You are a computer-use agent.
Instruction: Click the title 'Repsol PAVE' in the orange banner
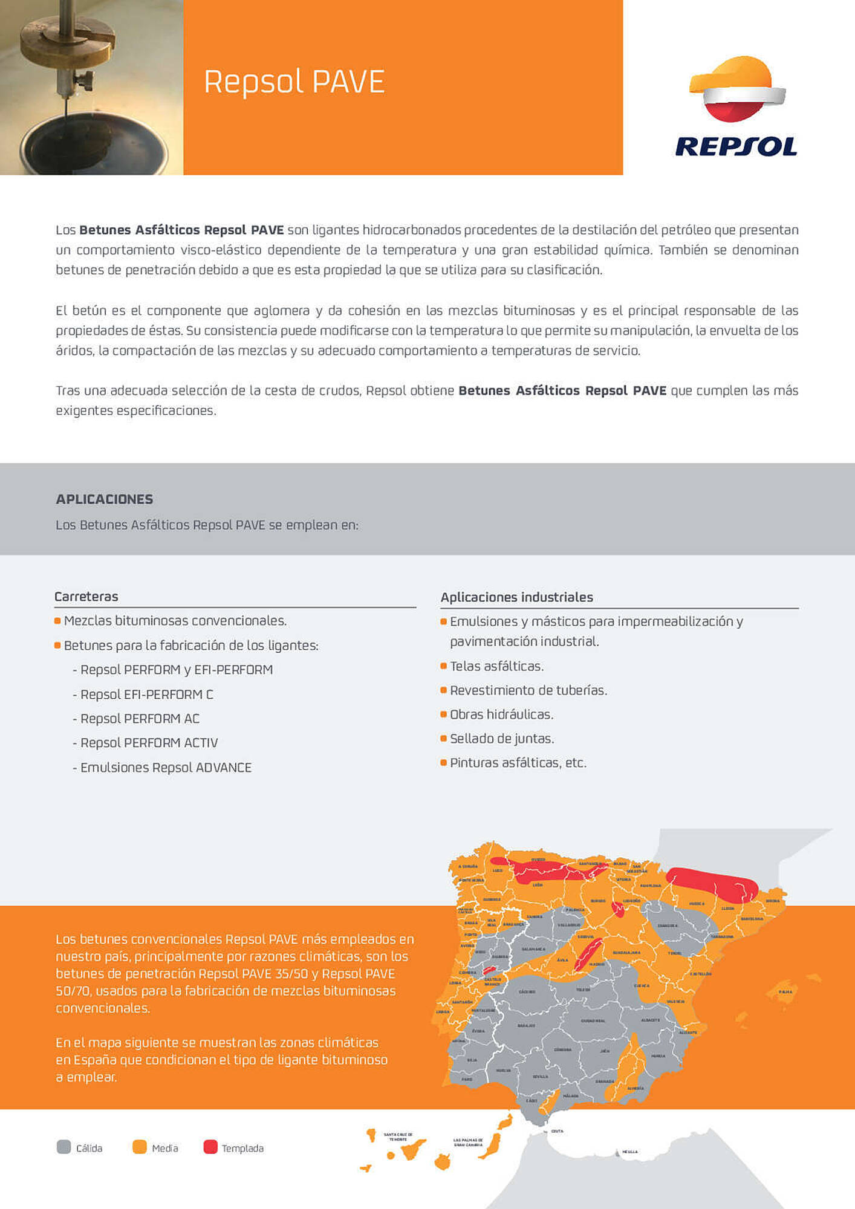294,82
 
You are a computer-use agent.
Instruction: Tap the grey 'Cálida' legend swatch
63,1147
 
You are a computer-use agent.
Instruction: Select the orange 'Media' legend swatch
139,1147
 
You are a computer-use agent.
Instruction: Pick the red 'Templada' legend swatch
210,1147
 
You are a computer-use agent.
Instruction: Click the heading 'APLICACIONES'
104,499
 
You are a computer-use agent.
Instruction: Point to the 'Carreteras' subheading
86,597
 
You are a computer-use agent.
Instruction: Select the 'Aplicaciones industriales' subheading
516,597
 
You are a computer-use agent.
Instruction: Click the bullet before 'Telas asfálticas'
444,666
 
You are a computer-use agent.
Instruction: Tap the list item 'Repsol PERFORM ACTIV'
149,743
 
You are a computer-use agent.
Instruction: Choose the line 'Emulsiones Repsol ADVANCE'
166,768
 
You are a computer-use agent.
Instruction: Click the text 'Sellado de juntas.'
502,739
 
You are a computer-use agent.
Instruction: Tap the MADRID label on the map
596,964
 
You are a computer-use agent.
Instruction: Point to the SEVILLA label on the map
540,1077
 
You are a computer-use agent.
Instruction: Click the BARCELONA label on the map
752,919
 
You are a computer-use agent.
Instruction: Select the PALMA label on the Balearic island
785,992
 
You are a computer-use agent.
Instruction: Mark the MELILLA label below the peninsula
629,1152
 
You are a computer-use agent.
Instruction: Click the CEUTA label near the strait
557,1131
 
